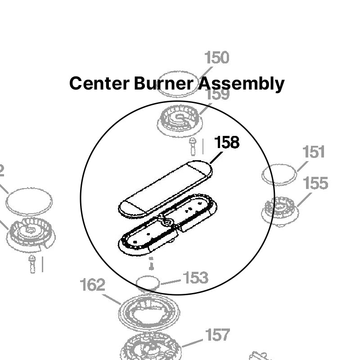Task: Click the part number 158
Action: (x=227, y=143)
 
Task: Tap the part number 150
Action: (x=216, y=58)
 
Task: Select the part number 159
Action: (x=217, y=95)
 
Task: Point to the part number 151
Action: (x=314, y=152)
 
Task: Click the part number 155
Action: (x=315, y=184)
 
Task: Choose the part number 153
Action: (x=195, y=278)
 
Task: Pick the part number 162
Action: (x=92, y=285)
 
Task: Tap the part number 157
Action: (x=217, y=335)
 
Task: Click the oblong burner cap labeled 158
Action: (x=164, y=188)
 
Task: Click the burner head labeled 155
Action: (x=280, y=209)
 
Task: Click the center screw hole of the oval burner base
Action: (x=168, y=222)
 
